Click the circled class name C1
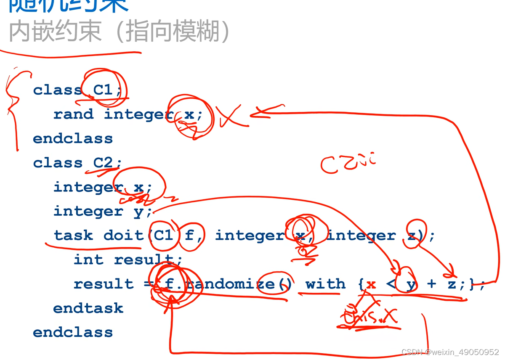(x=103, y=90)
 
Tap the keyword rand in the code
(x=73, y=114)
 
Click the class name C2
(x=103, y=162)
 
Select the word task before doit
(x=73, y=235)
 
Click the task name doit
(x=123, y=235)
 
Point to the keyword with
(x=325, y=284)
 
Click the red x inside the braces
(x=371, y=284)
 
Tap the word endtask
(x=88, y=308)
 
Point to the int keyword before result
(x=88, y=259)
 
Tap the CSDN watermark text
(x=450, y=352)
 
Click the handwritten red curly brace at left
(x=15, y=105)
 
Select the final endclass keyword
(x=73, y=332)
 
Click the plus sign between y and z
(x=431, y=284)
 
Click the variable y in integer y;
(x=138, y=211)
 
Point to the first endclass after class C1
(x=73, y=138)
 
